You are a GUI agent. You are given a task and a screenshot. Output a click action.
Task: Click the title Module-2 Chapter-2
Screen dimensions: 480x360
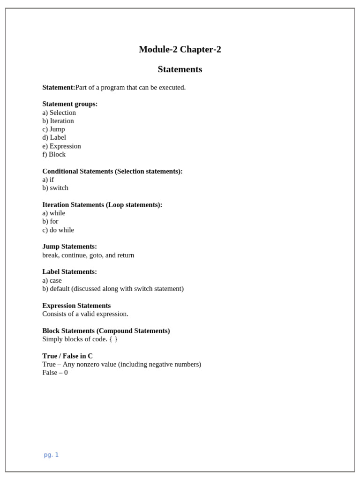[180, 49]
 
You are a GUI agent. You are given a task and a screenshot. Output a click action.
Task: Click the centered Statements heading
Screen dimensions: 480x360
[180, 69]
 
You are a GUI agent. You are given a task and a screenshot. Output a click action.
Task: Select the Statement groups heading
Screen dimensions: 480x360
[70, 104]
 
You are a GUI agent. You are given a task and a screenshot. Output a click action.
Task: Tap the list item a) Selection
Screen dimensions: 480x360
[59, 112]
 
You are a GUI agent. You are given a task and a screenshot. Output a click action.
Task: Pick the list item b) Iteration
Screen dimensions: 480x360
[58, 121]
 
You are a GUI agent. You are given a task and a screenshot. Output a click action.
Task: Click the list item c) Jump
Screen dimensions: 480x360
[53, 129]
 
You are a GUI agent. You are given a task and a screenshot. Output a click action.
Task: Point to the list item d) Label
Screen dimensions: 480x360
[54, 137]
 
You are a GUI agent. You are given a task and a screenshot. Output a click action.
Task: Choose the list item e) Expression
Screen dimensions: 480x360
[61, 146]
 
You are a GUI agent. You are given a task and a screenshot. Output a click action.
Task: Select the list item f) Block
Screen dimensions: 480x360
[54, 154]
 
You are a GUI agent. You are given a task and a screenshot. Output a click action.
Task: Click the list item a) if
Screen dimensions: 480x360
[48, 180]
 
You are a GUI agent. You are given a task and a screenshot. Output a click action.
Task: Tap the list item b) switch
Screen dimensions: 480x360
[55, 188]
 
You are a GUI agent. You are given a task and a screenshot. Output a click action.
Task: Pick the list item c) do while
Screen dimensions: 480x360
[58, 230]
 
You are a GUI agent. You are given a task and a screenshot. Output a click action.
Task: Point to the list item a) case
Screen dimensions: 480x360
[52, 280]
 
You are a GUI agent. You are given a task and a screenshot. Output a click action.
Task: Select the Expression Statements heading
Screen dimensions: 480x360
[76, 306]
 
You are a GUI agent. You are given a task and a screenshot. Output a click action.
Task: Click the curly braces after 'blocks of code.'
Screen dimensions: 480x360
[113, 339]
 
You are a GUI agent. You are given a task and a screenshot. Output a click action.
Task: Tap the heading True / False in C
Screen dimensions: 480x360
[67, 356]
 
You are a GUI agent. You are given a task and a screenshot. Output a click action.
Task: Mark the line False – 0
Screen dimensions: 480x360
[55, 373]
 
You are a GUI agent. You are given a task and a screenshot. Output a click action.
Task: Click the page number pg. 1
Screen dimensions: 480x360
[51, 455]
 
